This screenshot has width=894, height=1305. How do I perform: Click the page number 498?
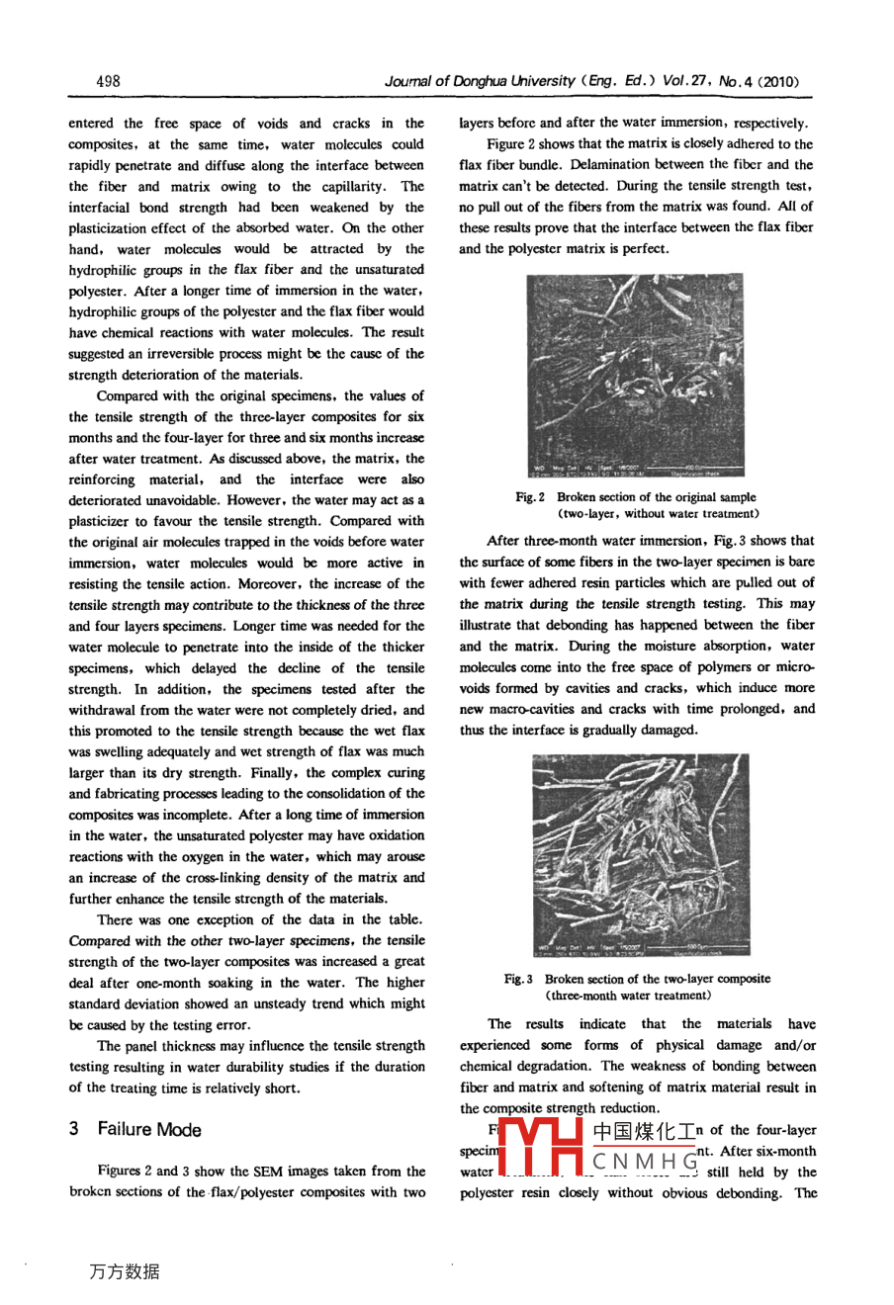[108, 81]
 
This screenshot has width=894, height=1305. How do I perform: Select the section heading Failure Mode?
[148, 1129]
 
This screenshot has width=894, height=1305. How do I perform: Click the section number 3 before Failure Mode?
[74, 1129]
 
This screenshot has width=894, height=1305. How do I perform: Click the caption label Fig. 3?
[519, 979]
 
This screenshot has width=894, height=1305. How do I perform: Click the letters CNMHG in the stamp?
[643, 1159]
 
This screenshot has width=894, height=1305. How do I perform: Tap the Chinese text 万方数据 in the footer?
[124, 1272]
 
